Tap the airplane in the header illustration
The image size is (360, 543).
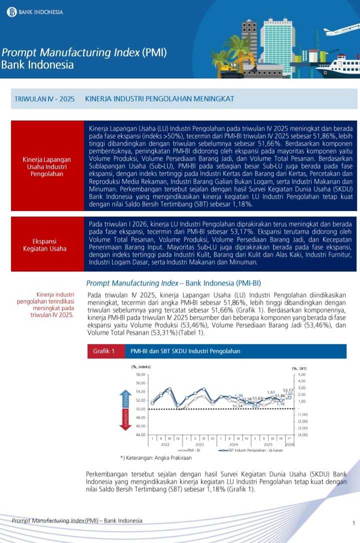click(x=341, y=30)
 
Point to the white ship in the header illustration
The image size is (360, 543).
click(x=339, y=66)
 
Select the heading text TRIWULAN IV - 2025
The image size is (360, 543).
click(x=44, y=99)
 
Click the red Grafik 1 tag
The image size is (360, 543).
click(x=104, y=351)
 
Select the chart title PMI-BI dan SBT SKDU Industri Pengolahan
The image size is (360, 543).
click(x=185, y=351)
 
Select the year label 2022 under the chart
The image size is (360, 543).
click(x=165, y=444)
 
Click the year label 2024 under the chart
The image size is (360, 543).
click(x=233, y=444)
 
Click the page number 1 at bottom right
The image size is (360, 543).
click(x=353, y=523)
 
